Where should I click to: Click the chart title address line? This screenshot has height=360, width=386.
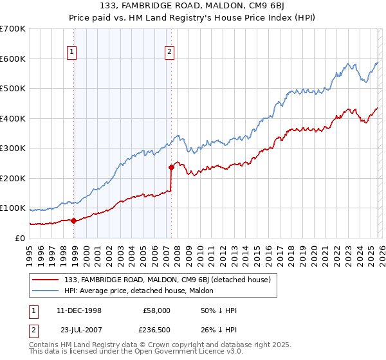(193, 6)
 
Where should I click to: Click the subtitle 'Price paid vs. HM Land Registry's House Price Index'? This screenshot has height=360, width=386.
(193, 17)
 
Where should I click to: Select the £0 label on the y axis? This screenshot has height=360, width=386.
(19, 238)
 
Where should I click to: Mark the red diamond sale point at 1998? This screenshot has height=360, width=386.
(73, 221)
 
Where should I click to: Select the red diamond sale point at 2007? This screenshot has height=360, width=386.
(171, 167)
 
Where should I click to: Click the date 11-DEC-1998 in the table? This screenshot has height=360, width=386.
(79, 310)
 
